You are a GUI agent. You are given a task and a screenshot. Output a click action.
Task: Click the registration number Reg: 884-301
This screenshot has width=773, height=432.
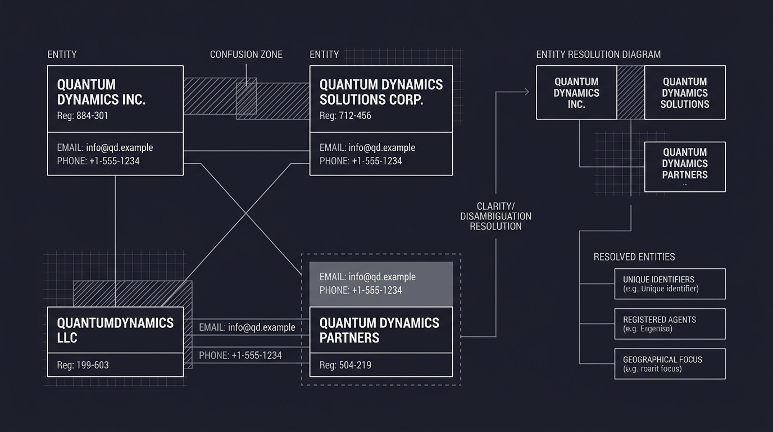pyautogui.click(x=83, y=116)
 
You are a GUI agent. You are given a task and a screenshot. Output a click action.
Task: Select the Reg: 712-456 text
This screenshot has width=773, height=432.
pyautogui.click(x=345, y=116)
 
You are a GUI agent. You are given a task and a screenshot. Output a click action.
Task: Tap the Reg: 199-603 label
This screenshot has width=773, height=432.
pyautogui.click(x=83, y=365)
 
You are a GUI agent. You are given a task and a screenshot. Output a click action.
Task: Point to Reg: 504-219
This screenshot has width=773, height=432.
pyautogui.click(x=345, y=365)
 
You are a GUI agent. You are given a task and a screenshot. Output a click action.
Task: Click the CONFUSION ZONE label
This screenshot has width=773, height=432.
pyautogui.click(x=246, y=55)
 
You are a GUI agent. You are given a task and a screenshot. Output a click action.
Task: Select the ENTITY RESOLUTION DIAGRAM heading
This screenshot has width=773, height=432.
pyautogui.click(x=598, y=55)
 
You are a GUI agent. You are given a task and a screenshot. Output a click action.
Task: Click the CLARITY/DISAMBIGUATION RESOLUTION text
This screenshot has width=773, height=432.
pyautogui.click(x=495, y=216)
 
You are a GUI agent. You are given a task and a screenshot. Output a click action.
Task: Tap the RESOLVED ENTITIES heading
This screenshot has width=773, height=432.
pyautogui.click(x=634, y=257)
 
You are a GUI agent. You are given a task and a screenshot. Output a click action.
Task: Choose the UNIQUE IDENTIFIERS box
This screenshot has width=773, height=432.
pyautogui.click(x=670, y=283)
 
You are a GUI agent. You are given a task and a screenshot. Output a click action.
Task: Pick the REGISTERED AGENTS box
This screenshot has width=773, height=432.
pyautogui.click(x=670, y=323)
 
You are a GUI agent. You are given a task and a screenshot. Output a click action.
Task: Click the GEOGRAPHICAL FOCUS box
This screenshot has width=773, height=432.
pyautogui.click(x=670, y=363)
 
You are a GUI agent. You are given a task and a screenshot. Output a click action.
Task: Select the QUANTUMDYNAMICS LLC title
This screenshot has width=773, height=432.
pyautogui.click(x=115, y=330)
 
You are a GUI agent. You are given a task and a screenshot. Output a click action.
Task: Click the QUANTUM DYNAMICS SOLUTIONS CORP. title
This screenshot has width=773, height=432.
pyautogui.click(x=381, y=92)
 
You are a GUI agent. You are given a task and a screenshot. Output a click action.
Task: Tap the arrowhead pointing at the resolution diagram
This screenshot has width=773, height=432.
pyautogui.click(x=526, y=92)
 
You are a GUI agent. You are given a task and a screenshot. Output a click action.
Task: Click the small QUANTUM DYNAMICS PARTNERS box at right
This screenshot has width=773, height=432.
pyautogui.click(x=684, y=166)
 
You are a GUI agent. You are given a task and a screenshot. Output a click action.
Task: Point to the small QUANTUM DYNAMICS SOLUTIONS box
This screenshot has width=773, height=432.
pyautogui.click(x=684, y=92)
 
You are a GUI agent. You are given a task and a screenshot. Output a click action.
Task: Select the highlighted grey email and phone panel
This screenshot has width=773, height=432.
pyautogui.click(x=381, y=283)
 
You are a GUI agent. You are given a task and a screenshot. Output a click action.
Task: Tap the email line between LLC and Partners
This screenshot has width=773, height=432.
pyautogui.click(x=247, y=327)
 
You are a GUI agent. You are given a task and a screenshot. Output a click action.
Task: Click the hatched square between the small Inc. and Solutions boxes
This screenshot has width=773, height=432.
pyautogui.click(x=630, y=92)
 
